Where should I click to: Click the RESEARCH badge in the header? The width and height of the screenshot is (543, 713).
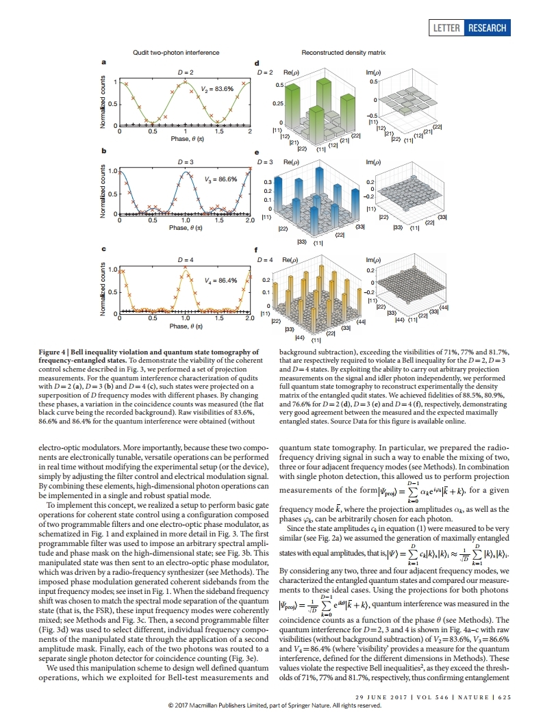click(487, 28)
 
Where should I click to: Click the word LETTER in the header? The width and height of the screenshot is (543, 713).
click(447, 28)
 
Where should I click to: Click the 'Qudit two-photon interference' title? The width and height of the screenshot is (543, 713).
click(176, 52)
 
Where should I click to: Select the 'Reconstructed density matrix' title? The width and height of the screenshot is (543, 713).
click(344, 52)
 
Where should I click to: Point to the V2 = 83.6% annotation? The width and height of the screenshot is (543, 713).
click(218, 89)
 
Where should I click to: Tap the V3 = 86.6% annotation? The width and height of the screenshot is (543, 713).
click(220, 179)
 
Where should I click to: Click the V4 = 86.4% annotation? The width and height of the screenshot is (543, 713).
click(220, 280)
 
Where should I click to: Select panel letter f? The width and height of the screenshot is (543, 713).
click(256, 251)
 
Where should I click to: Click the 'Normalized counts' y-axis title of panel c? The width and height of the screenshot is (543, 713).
click(104, 290)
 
